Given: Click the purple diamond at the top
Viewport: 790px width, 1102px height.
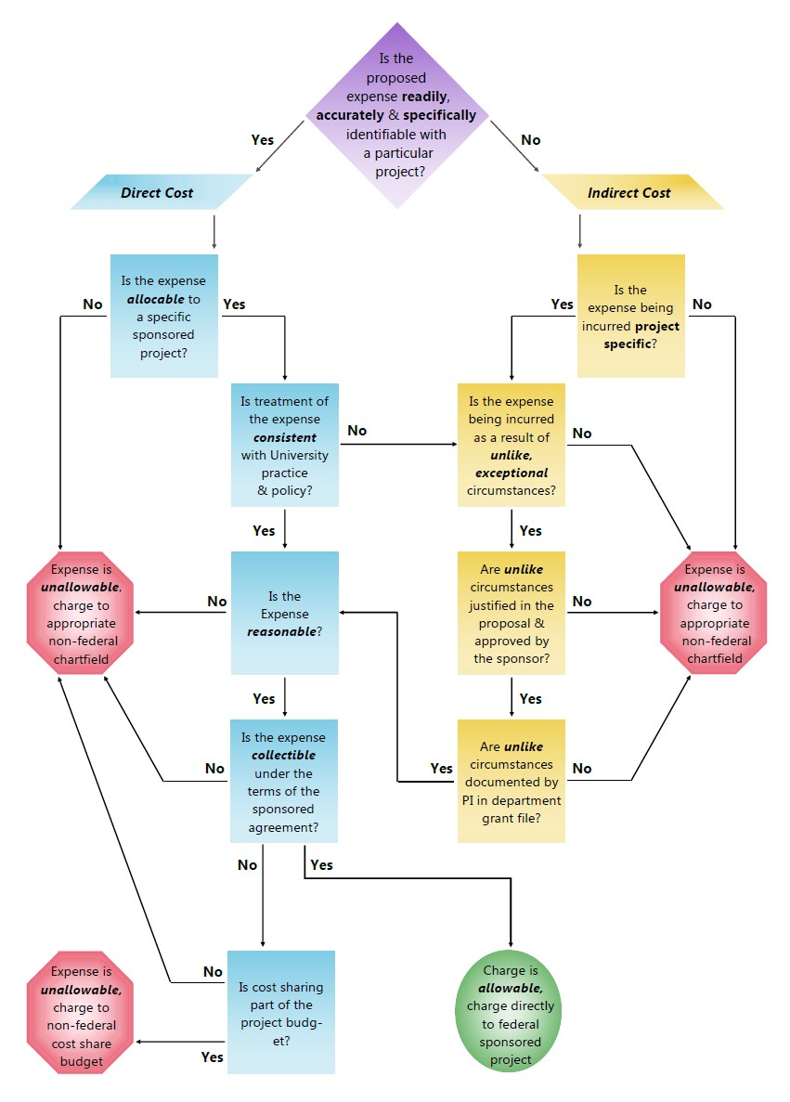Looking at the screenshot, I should click(396, 116).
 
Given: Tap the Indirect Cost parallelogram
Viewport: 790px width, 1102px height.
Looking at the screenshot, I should click(631, 192).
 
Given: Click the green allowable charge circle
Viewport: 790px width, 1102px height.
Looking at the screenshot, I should click(511, 1015).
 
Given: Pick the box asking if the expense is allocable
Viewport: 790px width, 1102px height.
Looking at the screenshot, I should click(164, 316).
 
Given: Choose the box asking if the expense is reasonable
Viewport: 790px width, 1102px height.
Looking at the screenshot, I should click(284, 613).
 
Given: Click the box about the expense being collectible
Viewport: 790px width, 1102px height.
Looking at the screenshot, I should click(284, 781).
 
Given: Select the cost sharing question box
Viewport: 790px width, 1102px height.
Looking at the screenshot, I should click(281, 1012).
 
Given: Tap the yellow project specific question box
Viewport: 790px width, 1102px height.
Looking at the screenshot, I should click(631, 316).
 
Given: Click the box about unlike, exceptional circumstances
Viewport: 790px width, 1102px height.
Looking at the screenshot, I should click(512, 445).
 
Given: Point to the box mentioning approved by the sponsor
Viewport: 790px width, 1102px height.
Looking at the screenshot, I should click(512, 613).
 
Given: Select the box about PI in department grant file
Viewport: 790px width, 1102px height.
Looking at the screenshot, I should click(512, 781).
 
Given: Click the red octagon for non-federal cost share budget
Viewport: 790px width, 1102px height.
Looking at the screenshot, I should click(80, 1016).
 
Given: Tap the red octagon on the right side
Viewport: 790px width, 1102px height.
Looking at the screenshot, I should click(714, 613).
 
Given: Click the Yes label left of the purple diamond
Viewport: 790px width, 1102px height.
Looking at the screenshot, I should click(263, 139).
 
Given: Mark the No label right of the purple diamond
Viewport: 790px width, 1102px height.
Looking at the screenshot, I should click(531, 139).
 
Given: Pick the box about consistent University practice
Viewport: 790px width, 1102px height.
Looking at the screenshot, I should click(284, 445).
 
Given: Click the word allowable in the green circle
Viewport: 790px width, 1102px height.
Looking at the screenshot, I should click(510, 989).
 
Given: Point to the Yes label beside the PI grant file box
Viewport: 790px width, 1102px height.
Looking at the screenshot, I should click(442, 768).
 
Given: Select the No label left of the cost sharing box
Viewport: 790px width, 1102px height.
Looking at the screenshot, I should click(214, 972).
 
